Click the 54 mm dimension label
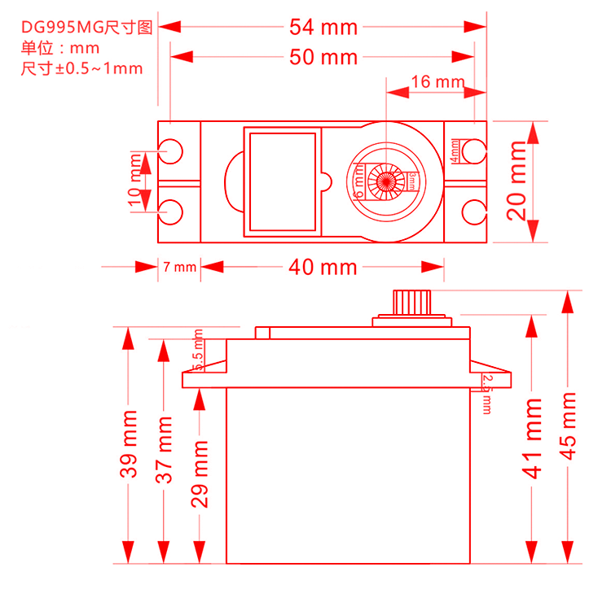[323, 27]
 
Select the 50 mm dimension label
[323, 57]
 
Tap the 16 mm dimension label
[437, 81]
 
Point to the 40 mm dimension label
[323, 267]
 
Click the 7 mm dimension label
[179, 267]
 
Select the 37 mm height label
[165, 450]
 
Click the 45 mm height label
[568, 425]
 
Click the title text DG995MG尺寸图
[86, 28]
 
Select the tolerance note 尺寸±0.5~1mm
[81, 68]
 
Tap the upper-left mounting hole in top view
[171, 151]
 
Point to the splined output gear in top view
[385, 180]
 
